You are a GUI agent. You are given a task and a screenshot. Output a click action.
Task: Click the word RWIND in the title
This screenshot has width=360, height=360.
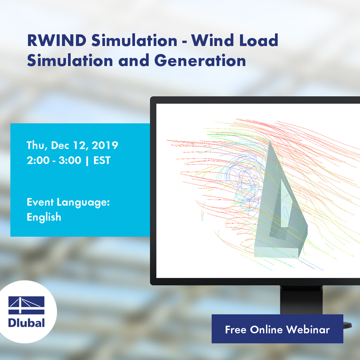[56, 41]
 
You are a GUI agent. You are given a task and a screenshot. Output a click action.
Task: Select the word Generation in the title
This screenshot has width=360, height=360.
[200, 61]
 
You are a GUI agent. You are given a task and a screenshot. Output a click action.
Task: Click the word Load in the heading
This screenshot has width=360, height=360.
[260, 41]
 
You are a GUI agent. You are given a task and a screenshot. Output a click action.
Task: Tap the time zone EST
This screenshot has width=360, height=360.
[102, 161]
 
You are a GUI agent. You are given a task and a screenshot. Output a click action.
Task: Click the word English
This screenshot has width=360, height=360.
[44, 217]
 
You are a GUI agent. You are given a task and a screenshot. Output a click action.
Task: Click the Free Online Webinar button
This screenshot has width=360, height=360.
[277, 329]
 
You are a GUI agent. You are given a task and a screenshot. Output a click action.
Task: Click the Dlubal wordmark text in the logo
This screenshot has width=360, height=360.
[26, 322]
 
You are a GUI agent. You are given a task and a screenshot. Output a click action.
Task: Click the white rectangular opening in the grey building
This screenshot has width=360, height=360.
[285, 204]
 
